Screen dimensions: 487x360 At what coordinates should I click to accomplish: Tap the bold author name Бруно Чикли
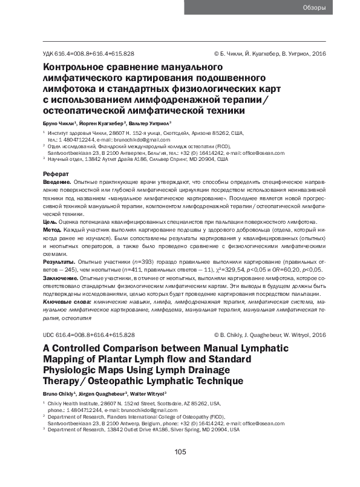click(x=57, y=123)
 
